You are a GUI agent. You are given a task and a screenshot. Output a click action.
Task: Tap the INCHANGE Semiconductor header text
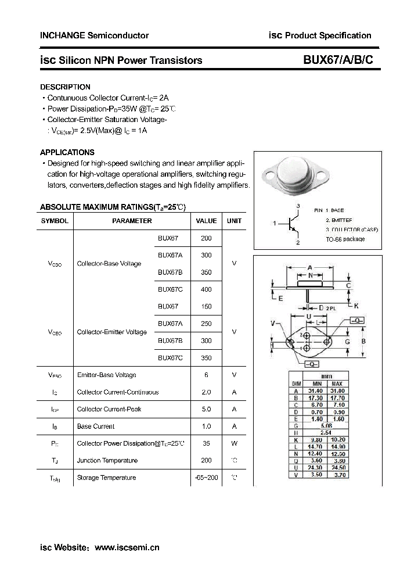click(94, 35)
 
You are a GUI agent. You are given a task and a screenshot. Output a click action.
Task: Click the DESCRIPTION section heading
click(65, 87)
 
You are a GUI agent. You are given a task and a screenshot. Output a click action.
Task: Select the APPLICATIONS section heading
click(67, 152)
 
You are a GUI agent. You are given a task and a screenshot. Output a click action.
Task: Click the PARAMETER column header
click(132, 221)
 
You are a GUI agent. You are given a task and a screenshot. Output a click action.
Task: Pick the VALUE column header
click(206, 221)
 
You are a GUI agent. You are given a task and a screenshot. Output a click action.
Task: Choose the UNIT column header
click(234, 221)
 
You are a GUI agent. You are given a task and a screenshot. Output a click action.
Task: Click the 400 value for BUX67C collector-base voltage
click(206, 289)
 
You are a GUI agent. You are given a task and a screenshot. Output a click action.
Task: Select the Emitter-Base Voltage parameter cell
click(107, 375)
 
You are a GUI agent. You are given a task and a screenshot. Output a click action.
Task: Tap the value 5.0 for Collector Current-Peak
click(206, 409)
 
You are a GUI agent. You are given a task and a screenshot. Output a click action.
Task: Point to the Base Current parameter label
click(96, 426)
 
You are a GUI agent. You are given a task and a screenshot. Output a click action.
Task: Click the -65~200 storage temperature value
click(206, 478)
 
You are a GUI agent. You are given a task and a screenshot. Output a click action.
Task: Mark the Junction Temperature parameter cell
click(107, 460)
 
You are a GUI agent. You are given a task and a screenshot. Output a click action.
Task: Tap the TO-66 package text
click(345, 239)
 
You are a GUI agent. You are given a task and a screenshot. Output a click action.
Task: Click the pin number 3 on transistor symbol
click(297, 207)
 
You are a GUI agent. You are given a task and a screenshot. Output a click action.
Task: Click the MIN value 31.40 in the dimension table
click(316, 391)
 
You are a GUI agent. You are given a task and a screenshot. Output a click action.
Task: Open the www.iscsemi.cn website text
click(127, 547)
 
